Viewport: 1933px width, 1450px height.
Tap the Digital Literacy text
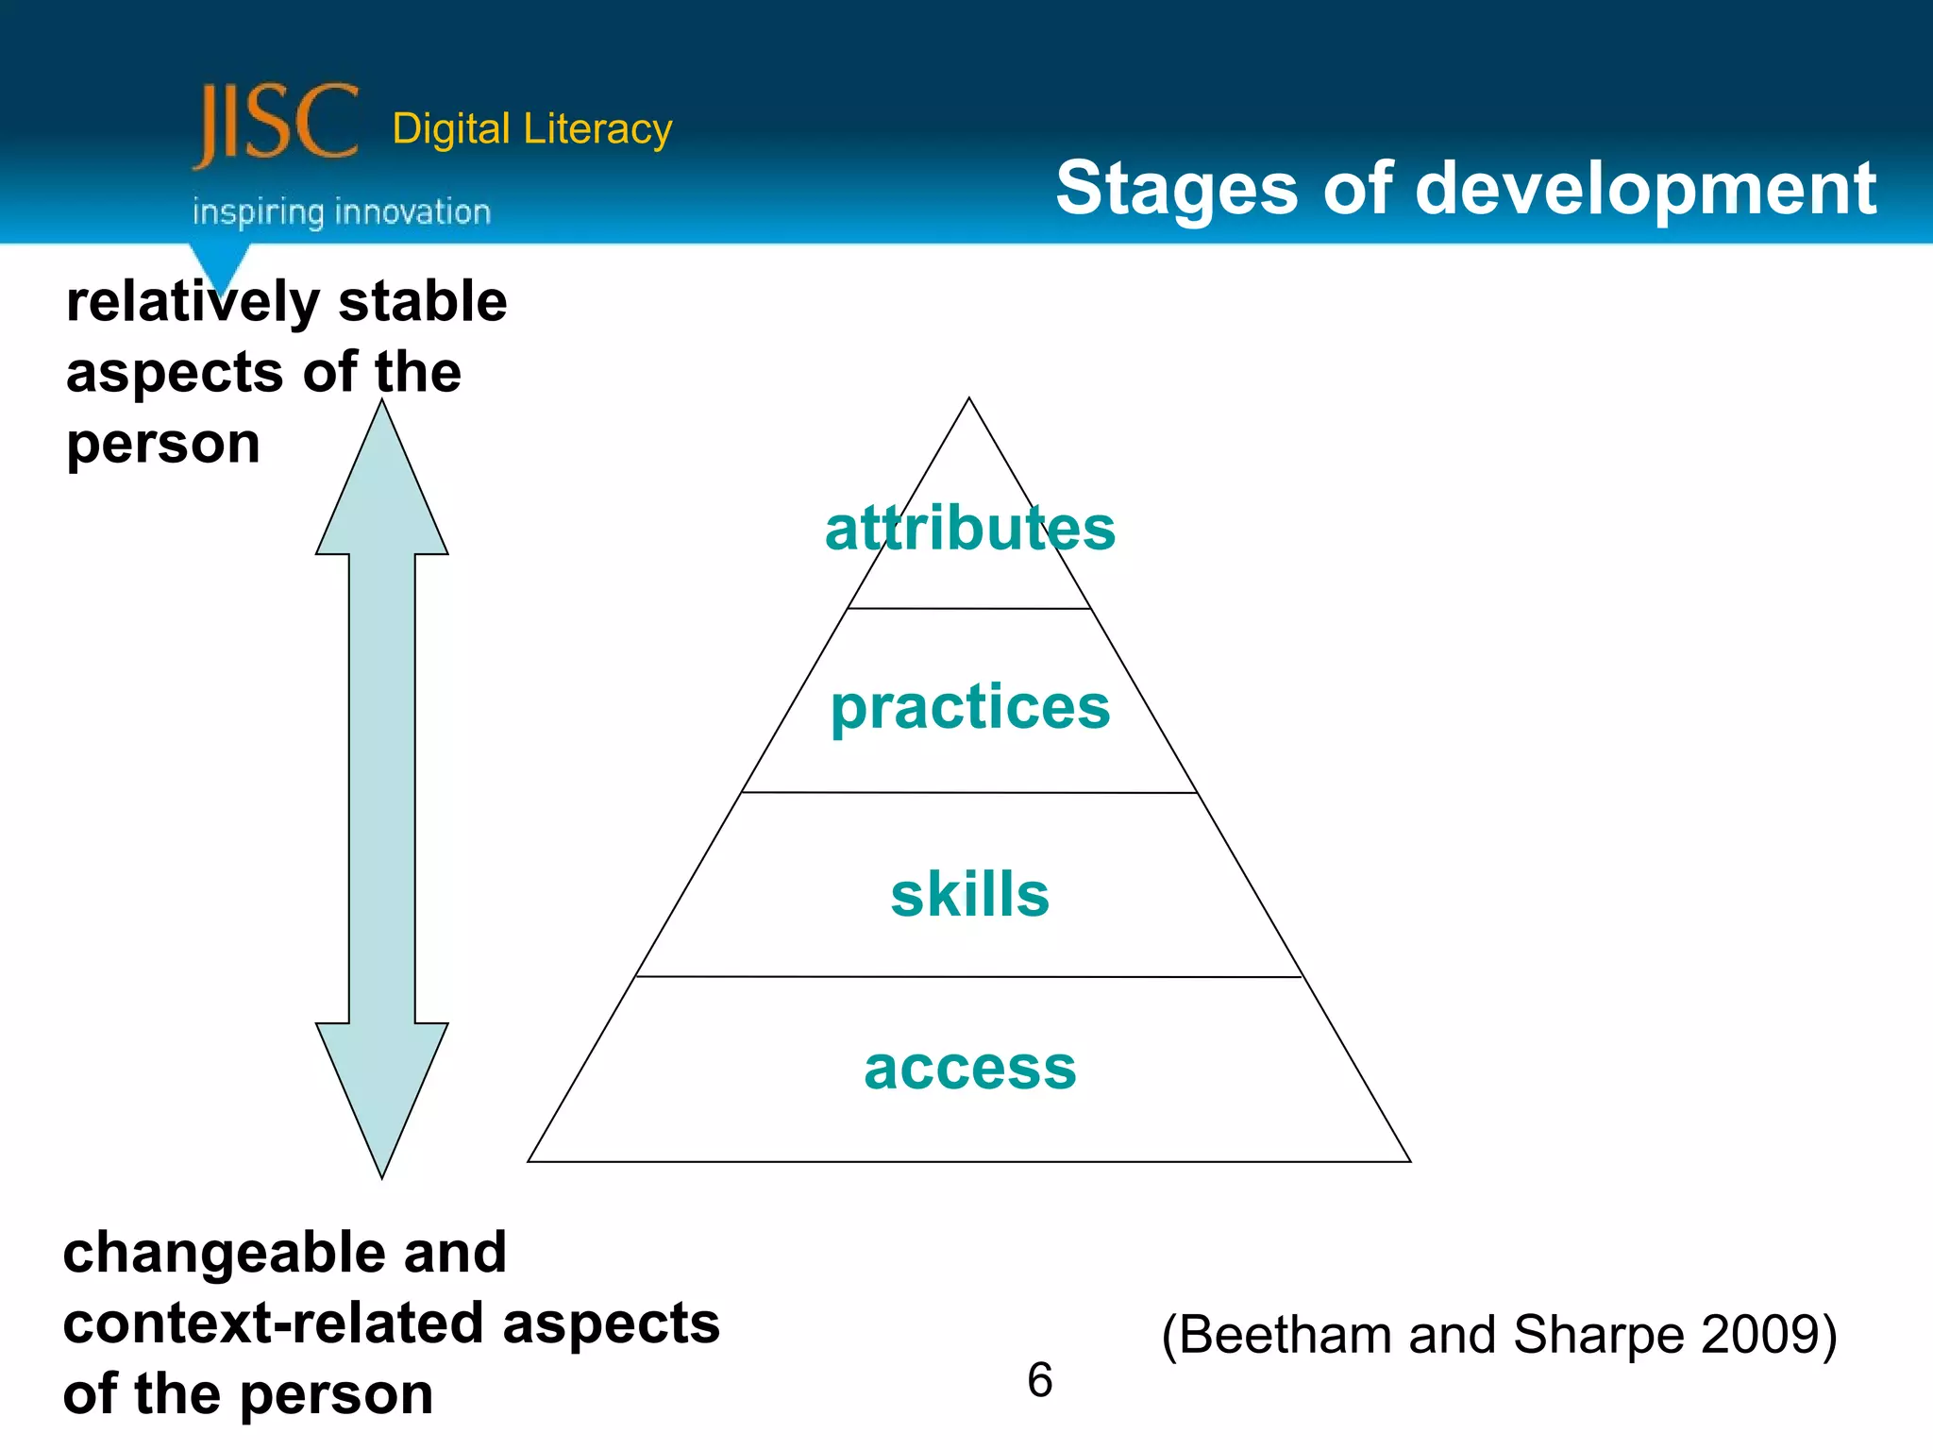(531, 129)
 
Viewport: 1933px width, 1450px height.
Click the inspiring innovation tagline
(342, 212)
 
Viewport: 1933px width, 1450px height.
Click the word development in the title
(1646, 189)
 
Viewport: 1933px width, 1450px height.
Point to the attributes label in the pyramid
(969, 529)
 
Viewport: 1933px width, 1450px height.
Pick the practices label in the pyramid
(969, 708)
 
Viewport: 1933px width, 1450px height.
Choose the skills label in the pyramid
(969, 894)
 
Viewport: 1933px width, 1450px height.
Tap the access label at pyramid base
(969, 1069)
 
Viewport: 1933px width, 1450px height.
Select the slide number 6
(1039, 1380)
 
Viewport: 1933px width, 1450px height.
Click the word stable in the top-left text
(422, 302)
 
